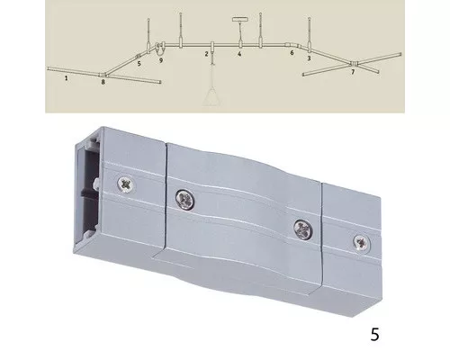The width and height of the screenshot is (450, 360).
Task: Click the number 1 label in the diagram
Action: click(67, 78)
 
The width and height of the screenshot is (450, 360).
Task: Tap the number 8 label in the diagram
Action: click(103, 82)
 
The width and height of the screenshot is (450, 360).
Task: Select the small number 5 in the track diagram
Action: click(139, 64)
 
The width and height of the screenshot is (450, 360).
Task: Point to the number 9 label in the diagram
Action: click(161, 60)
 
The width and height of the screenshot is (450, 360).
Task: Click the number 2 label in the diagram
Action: click(206, 54)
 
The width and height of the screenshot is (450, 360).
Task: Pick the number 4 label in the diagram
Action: click(239, 54)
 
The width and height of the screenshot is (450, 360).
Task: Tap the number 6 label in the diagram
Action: click(292, 53)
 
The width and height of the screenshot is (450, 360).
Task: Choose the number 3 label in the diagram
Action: click(309, 58)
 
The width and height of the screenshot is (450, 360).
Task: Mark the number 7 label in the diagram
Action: click(353, 72)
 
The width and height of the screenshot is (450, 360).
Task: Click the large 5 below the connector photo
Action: click(375, 334)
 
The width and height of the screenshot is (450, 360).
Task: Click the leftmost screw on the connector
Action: click(126, 184)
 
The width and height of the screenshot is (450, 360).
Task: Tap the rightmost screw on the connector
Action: click(361, 243)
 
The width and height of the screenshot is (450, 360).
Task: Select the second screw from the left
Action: click(185, 199)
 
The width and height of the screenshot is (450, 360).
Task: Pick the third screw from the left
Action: click(303, 230)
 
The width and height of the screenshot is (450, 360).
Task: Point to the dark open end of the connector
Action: click(89, 192)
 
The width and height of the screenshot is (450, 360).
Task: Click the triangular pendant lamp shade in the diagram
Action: click(212, 96)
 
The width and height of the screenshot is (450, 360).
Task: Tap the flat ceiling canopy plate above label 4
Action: click(240, 20)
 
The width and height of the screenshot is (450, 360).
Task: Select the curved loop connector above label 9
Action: click(160, 49)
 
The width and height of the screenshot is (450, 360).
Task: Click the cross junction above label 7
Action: click(355, 64)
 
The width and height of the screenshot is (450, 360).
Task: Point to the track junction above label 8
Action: click(103, 75)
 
